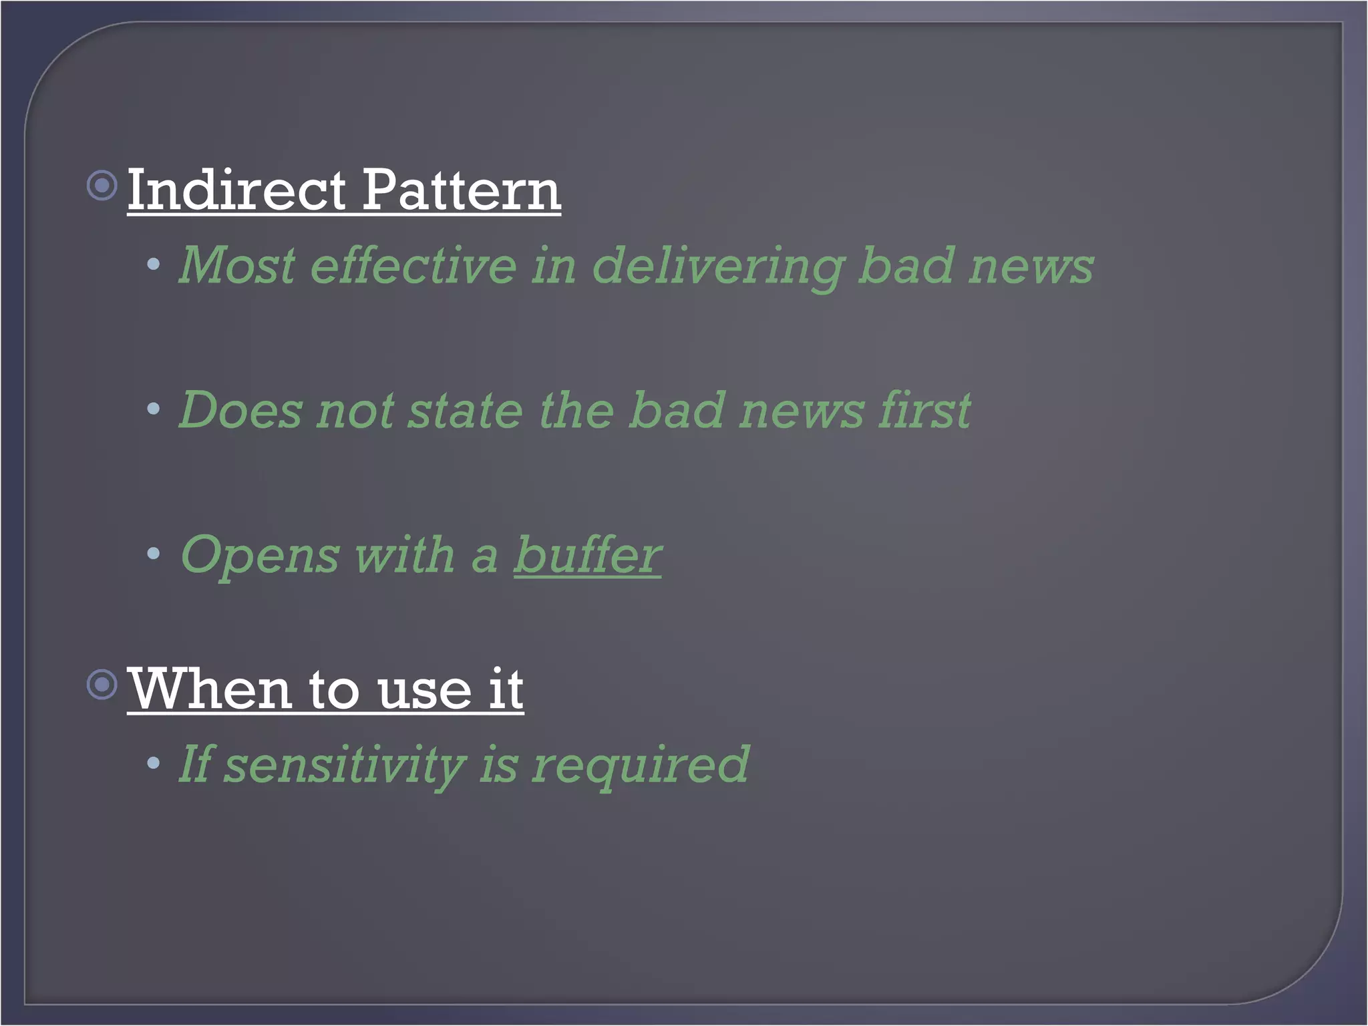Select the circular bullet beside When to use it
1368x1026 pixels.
[x=102, y=684]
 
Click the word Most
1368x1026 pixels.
[x=237, y=266]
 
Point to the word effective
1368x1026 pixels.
[x=413, y=266]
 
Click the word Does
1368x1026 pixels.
[x=240, y=410]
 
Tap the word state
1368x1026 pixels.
[x=466, y=410]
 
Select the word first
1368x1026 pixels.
[x=925, y=410]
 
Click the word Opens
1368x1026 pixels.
[x=261, y=556]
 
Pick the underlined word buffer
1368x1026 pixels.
[x=588, y=554]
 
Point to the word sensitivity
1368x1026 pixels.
[x=344, y=765]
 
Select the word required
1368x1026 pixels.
[x=641, y=765]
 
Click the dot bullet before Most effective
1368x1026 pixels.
[x=154, y=265]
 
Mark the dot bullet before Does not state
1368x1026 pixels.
[x=154, y=409]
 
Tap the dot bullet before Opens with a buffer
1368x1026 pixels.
[x=154, y=553]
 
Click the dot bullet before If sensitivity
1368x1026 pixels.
[x=154, y=762]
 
